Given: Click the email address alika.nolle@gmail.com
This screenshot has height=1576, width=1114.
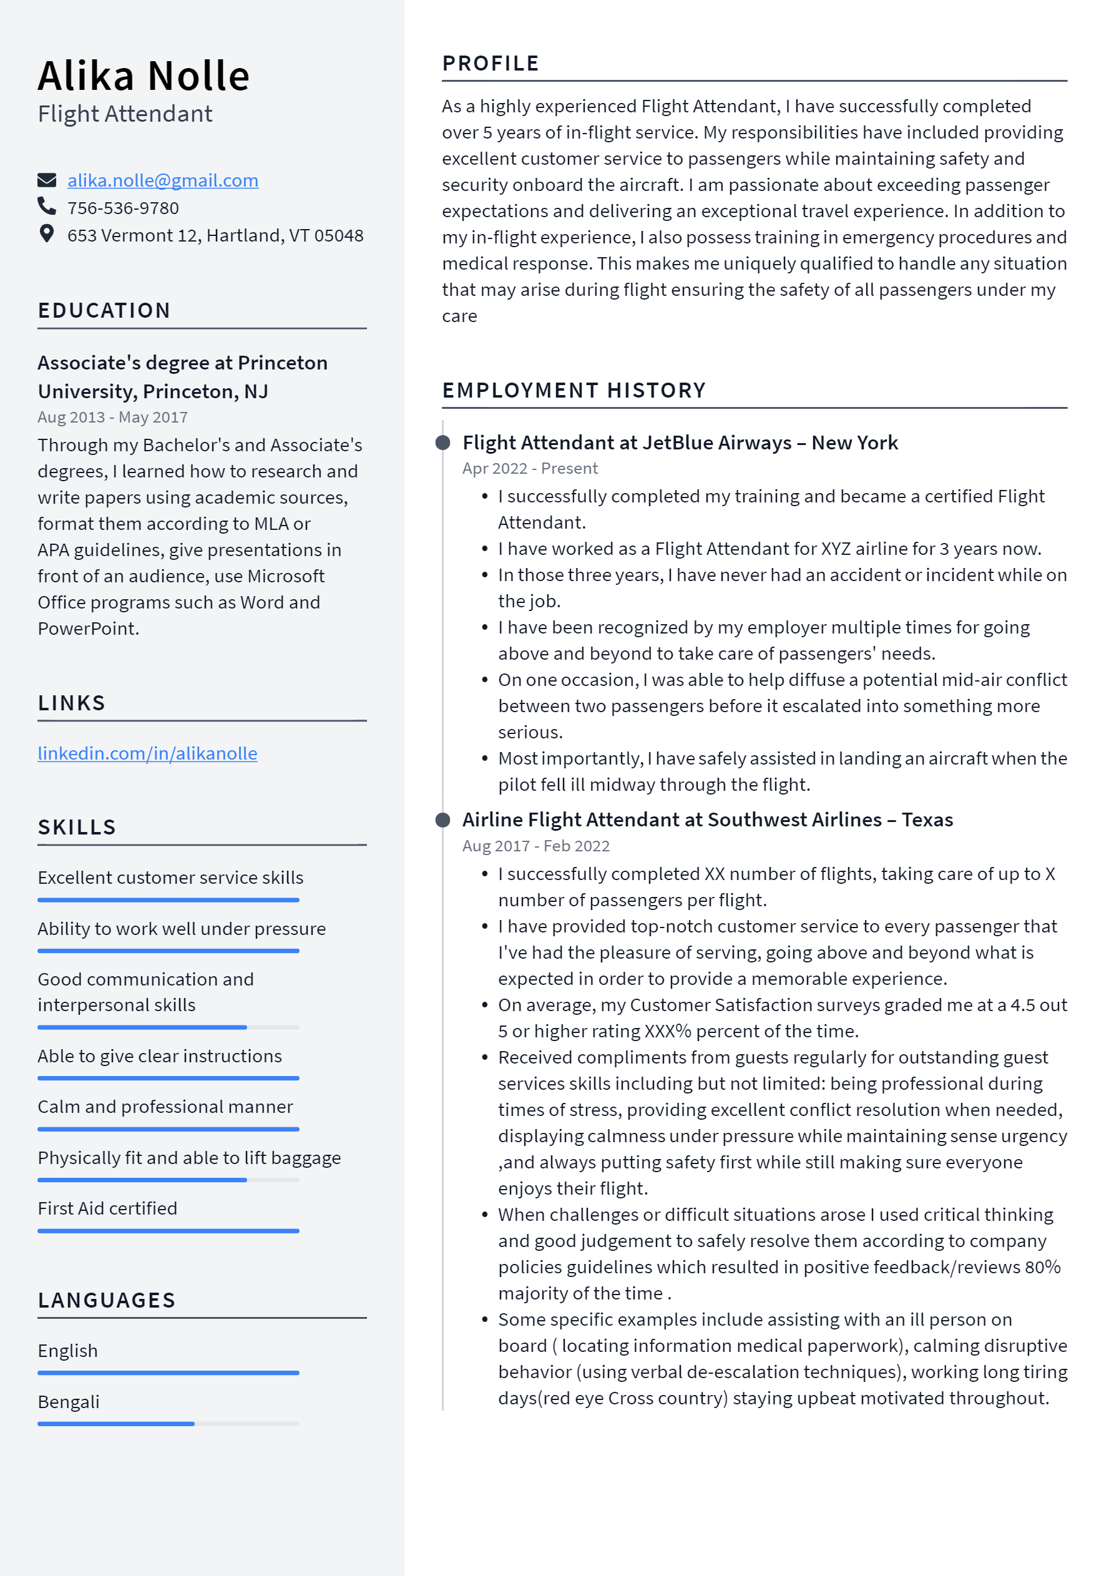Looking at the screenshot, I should (163, 180).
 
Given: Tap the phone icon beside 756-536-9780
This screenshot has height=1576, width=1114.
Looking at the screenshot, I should (47, 206).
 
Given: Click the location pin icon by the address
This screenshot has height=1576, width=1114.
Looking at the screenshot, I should (47, 234).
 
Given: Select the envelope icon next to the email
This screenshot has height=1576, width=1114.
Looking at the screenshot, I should (47, 180).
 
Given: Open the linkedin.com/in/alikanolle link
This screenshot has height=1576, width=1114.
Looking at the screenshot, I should (147, 754).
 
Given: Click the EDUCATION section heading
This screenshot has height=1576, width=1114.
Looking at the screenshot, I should (104, 310).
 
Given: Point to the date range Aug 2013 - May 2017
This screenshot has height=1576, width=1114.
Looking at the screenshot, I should (112, 418).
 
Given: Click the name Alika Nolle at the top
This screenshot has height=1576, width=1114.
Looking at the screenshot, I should (144, 76).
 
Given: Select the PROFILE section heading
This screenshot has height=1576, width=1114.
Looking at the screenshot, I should (490, 63).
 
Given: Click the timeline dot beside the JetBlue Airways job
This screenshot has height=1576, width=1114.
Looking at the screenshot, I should (442, 443).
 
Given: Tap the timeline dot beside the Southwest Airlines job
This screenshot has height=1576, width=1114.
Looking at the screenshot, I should (442, 820).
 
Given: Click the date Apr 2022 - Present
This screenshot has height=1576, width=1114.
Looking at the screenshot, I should (529, 469).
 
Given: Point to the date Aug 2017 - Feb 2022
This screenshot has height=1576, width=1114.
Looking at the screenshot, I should (535, 846).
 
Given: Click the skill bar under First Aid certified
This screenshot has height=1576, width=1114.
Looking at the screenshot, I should (168, 1231).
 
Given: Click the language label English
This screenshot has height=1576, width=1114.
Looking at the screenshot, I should (68, 1351).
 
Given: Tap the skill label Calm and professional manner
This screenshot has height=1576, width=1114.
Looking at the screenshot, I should (165, 1107).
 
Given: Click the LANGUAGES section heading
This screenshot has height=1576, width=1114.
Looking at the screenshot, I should (106, 1300).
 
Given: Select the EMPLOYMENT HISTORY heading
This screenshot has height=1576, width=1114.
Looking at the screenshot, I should (574, 391).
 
